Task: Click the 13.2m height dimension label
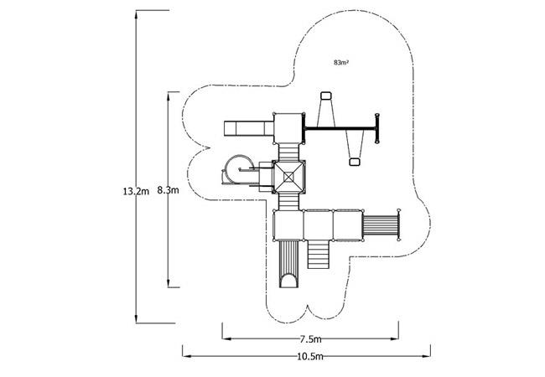click(x=136, y=191)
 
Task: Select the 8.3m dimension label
click(x=168, y=190)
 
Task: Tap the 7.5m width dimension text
click(x=310, y=338)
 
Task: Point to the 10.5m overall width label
click(x=310, y=357)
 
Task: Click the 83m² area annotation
click(x=341, y=63)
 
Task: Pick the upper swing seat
click(x=326, y=96)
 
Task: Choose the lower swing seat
click(x=354, y=162)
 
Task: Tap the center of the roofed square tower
click(x=288, y=177)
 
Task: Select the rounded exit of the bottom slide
click(x=288, y=281)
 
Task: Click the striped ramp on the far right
click(x=381, y=225)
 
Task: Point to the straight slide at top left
click(x=249, y=128)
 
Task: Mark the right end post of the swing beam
click(x=377, y=128)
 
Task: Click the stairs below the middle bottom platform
click(x=318, y=255)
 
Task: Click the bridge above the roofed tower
click(x=288, y=152)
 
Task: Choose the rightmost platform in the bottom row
click(x=348, y=225)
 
